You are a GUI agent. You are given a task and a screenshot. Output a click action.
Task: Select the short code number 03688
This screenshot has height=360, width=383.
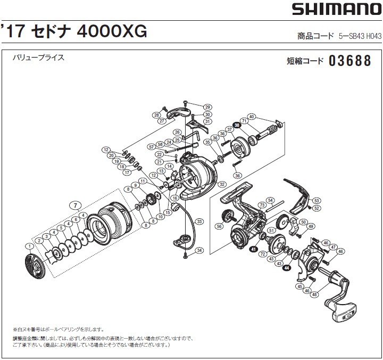point(349,61)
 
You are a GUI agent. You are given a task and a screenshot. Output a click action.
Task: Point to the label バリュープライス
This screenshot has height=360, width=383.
point(38,58)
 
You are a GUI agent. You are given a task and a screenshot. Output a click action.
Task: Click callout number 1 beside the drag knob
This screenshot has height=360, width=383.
point(27,246)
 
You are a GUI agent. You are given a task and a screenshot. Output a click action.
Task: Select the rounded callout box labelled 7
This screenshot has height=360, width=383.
point(76,204)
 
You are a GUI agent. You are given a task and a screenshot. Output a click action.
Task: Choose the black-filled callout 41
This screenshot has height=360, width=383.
point(253,248)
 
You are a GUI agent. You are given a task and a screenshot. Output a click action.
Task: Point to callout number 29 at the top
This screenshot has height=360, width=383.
point(207,107)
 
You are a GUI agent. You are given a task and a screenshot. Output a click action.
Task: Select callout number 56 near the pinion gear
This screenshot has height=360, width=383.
point(219,226)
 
